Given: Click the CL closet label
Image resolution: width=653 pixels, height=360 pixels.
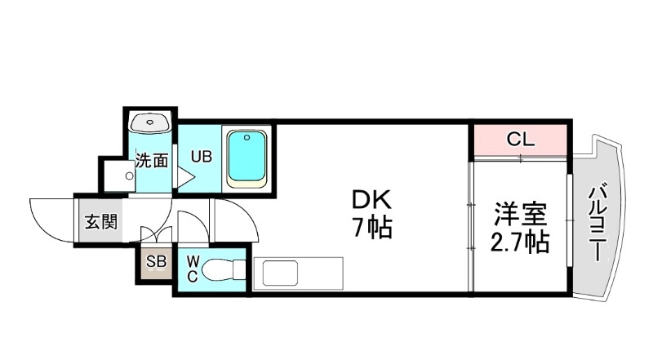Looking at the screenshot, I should point(520,139).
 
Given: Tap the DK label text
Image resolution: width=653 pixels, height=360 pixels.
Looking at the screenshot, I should point(372,199).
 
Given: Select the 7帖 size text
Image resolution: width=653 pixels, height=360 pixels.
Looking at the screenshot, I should point(372,228).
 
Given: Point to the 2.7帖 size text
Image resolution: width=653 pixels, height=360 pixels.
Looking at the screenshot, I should point(519,242).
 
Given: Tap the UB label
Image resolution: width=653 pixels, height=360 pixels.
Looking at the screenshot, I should point(202,155).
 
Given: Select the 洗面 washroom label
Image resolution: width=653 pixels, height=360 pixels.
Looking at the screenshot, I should point(152,160).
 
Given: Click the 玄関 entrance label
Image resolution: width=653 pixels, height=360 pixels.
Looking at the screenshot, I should point(102,221).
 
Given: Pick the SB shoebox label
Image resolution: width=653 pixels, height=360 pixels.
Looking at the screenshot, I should point(155,262).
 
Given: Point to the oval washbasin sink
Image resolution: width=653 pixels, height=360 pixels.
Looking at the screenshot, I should point(150,122).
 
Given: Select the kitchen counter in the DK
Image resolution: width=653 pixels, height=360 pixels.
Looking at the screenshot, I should point(298,273).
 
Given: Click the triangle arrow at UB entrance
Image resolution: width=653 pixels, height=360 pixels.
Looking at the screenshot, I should point(184,176).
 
